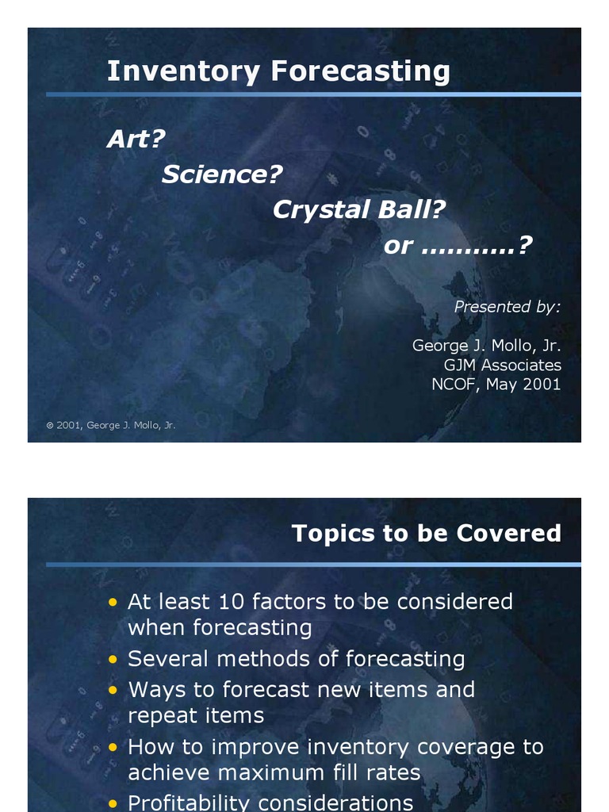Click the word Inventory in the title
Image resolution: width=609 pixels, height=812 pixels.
coord(183,71)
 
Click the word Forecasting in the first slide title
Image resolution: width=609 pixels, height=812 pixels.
coord(360,71)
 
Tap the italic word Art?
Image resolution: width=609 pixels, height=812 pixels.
coord(136,140)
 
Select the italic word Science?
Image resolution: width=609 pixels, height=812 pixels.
coord(222,174)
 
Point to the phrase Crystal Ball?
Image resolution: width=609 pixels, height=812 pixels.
coord(359,210)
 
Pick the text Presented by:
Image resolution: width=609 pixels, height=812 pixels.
coord(507,307)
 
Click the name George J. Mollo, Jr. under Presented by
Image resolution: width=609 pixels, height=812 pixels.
coord(486,346)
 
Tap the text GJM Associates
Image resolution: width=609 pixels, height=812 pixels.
coord(502,365)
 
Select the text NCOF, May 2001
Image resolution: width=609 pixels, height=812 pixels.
coord(496,384)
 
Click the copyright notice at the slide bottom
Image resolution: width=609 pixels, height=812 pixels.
coord(111,425)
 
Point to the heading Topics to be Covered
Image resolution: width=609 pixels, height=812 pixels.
coord(426,533)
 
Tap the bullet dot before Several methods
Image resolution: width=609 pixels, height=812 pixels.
coord(113,660)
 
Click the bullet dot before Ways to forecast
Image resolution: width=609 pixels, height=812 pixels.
coord(113,691)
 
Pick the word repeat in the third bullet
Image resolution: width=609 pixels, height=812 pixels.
coord(161,716)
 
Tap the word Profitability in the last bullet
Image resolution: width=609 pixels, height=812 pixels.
coord(190,802)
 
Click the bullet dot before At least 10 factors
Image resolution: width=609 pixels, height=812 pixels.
coord(113,603)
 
